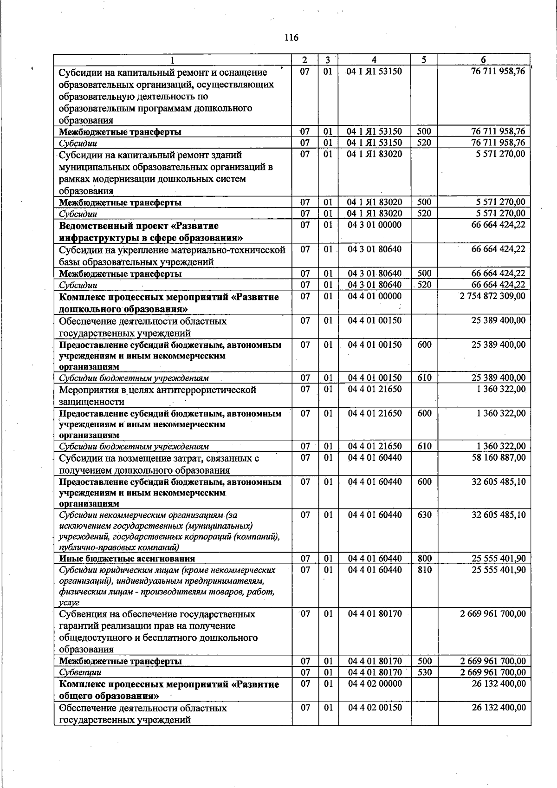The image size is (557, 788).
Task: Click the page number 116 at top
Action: [x=291, y=38]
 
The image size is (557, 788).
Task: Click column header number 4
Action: [x=374, y=60]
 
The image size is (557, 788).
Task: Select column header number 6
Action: [x=483, y=60]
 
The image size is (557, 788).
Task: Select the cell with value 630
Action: [x=424, y=515]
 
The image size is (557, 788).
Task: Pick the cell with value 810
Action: [x=424, y=570]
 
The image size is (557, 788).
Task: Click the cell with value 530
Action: [x=424, y=672]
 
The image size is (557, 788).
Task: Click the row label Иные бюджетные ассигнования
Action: [x=127, y=559]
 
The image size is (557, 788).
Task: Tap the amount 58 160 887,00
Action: [x=499, y=458]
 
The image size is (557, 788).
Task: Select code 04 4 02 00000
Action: [x=375, y=684]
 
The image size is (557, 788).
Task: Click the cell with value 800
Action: [x=424, y=559]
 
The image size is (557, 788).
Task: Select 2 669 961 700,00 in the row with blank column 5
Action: [x=492, y=614]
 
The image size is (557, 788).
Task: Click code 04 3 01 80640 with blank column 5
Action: [x=375, y=249]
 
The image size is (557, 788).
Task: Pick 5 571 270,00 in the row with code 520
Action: [x=500, y=214]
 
